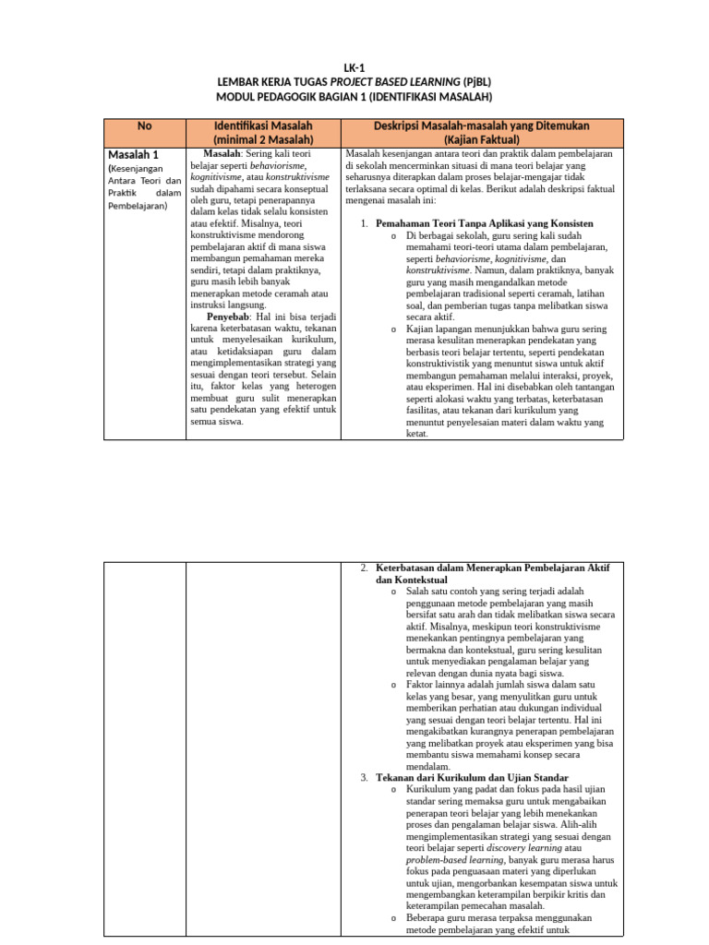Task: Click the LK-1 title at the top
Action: (x=354, y=67)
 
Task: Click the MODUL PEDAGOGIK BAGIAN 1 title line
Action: (x=354, y=97)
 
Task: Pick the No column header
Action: (x=144, y=126)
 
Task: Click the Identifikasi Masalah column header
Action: (x=263, y=126)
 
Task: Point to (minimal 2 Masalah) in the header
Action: (x=263, y=139)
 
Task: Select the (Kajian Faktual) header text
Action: (x=482, y=139)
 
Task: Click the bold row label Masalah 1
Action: (x=135, y=154)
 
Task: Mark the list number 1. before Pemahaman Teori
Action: (x=365, y=224)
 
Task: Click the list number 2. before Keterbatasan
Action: (x=365, y=567)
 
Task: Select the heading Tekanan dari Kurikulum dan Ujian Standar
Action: (x=472, y=778)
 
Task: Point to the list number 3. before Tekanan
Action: (x=365, y=778)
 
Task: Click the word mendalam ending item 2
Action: (x=428, y=766)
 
